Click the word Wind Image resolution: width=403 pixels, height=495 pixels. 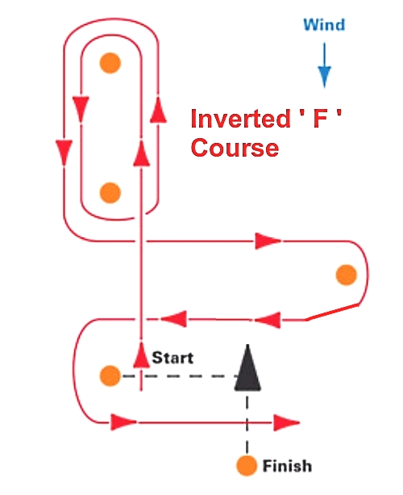click(x=324, y=24)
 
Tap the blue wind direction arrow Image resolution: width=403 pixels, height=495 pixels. click(x=324, y=65)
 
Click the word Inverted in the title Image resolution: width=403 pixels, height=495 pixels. click(x=240, y=119)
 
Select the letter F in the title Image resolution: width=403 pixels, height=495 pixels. click(x=320, y=119)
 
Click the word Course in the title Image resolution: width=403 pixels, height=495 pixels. click(x=235, y=148)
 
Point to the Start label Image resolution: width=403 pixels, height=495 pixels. click(x=172, y=358)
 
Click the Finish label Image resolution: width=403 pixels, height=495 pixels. click(x=287, y=466)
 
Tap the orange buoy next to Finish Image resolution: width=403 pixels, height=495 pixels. click(x=247, y=465)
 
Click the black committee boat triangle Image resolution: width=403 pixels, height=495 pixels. click(x=247, y=368)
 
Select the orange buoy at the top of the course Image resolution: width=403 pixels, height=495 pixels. click(x=110, y=63)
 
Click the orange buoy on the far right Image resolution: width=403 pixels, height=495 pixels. click(x=347, y=275)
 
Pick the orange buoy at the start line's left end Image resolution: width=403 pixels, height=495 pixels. click(x=110, y=376)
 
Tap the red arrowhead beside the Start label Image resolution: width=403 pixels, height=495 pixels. click(x=142, y=354)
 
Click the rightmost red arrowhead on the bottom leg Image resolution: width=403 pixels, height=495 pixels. click(x=286, y=422)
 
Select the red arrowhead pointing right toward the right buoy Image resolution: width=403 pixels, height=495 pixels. click(x=268, y=241)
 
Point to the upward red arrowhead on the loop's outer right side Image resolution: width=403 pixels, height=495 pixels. click(x=158, y=110)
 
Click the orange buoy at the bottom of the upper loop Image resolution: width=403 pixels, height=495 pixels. click(x=110, y=193)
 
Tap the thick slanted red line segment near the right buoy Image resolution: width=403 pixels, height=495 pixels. click(x=333, y=313)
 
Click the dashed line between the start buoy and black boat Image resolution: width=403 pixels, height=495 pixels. click(x=180, y=376)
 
